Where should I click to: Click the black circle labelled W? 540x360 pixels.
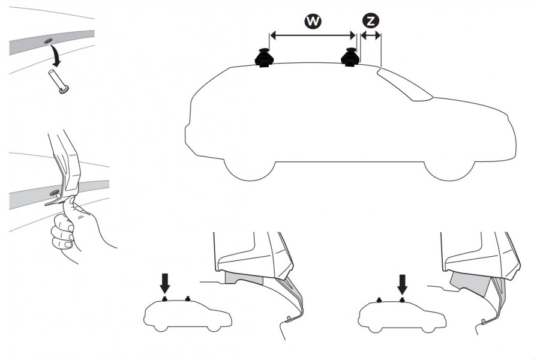coord(312,21)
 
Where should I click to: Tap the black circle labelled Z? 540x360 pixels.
coord(371,21)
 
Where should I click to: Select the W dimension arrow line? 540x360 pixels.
coord(312,36)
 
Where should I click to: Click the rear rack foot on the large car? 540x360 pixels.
coord(264,58)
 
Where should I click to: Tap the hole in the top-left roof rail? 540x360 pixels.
coord(47,41)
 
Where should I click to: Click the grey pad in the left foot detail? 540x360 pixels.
coord(243,277)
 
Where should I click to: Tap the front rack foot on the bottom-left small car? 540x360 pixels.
coord(188,298)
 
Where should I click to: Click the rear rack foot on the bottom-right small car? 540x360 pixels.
coord(379,299)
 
